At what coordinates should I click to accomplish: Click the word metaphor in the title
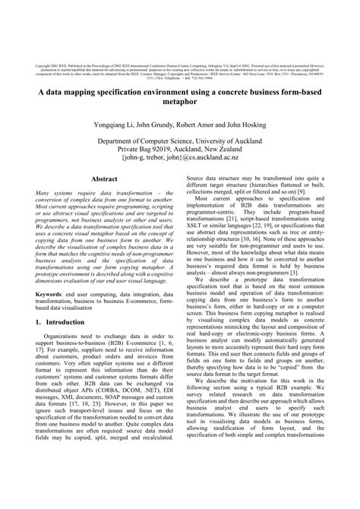180,102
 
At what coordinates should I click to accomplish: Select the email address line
180,160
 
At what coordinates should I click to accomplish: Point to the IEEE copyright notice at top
180,62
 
